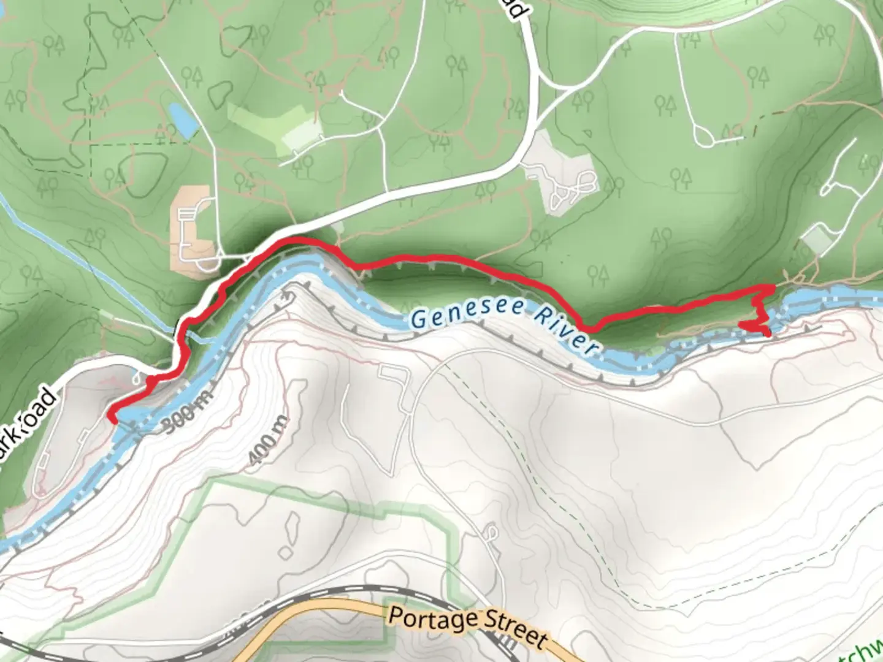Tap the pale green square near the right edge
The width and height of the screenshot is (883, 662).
point(816,240)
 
